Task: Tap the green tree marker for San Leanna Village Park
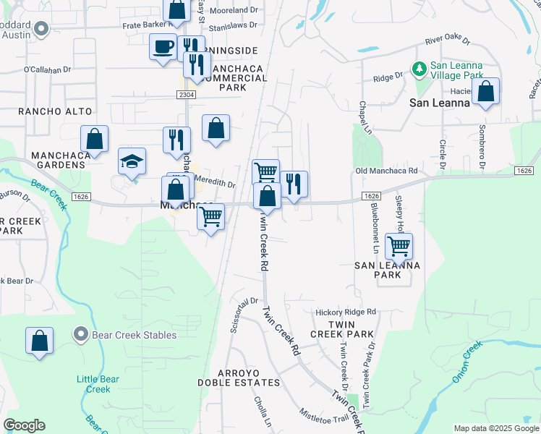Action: [x=419, y=69]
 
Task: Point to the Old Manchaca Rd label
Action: [x=387, y=171]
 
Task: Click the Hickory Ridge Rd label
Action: [x=346, y=312]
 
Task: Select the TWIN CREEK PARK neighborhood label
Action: [x=342, y=329]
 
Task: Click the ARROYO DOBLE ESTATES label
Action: [x=239, y=376]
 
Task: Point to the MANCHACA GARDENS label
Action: [x=58, y=160]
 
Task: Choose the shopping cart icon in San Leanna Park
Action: [x=399, y=246]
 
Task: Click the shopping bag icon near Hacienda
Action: [x=486, y=92]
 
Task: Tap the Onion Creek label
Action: [x=467, y=362]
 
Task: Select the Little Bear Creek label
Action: [x=94, y=384]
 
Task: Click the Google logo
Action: [x=24, y=425]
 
